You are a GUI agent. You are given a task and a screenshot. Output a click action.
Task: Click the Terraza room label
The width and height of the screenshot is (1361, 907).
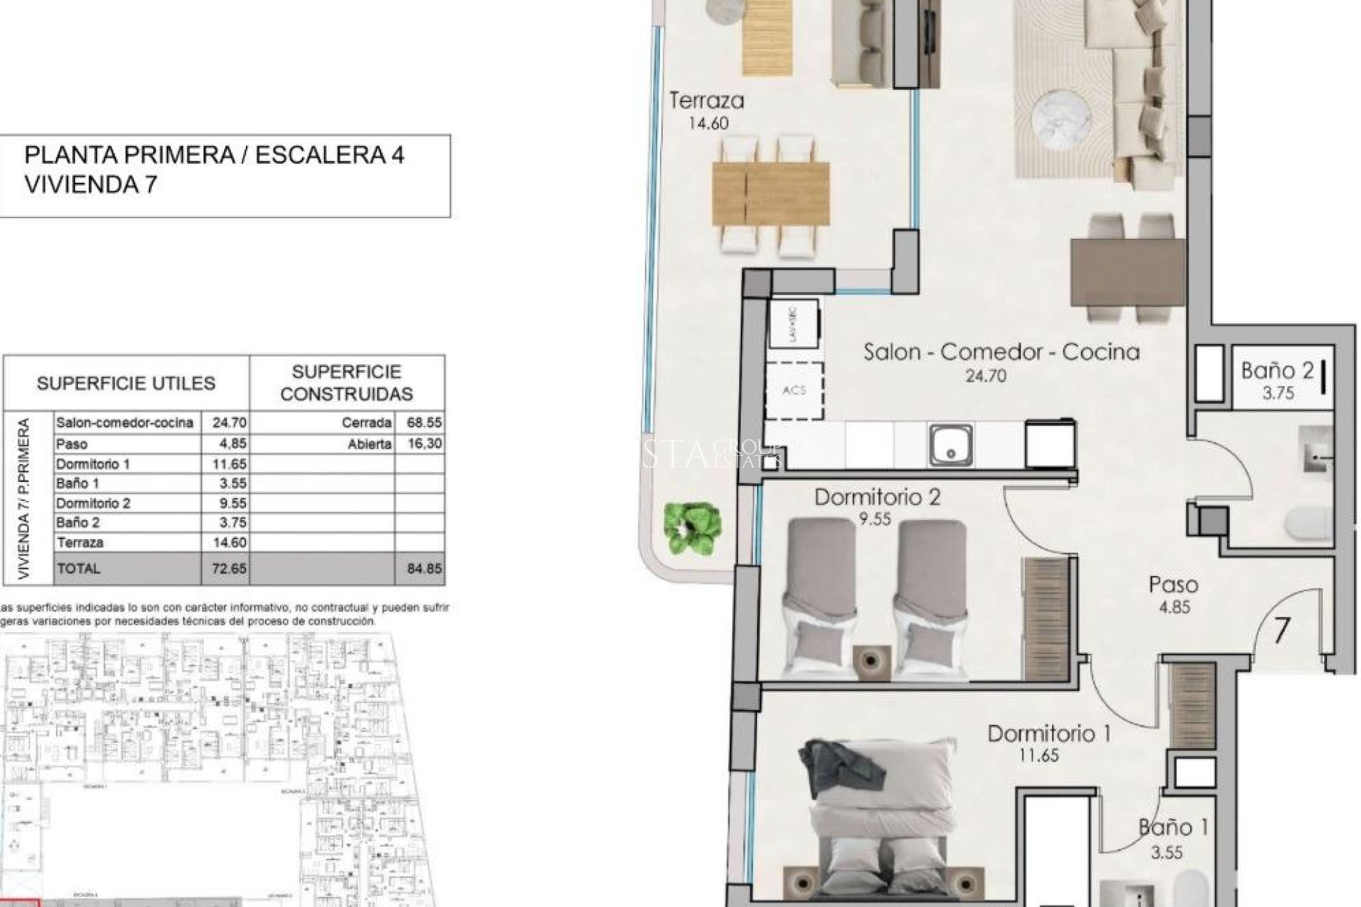point(707,101)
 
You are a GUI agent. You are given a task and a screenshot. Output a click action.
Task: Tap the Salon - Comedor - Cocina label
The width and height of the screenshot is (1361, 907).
point(1001,352)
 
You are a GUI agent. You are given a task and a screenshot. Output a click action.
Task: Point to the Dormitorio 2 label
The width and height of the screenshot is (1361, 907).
point(877,497)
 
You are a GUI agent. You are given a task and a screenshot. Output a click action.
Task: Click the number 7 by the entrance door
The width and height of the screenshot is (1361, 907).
point(1281,630)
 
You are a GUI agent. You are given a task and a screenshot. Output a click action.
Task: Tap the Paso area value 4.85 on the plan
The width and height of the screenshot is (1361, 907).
point(1174,607)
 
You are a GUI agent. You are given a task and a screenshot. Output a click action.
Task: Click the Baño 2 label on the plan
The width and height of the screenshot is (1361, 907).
point(1277,371)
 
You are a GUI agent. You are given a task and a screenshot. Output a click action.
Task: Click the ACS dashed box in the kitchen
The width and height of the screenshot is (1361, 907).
point(795,390)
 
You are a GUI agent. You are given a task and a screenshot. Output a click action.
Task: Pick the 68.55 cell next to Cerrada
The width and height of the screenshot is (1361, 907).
point(424,423)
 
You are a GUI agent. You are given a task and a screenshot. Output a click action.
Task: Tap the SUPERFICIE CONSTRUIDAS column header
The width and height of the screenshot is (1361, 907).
point(347,383)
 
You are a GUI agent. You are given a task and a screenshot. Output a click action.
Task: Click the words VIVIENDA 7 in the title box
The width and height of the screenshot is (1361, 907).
point(91,185)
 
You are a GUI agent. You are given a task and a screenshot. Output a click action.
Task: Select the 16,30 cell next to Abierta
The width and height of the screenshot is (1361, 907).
point(424,444)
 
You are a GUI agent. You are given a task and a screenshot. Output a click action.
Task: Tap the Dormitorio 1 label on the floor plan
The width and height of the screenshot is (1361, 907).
point(1048,734)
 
